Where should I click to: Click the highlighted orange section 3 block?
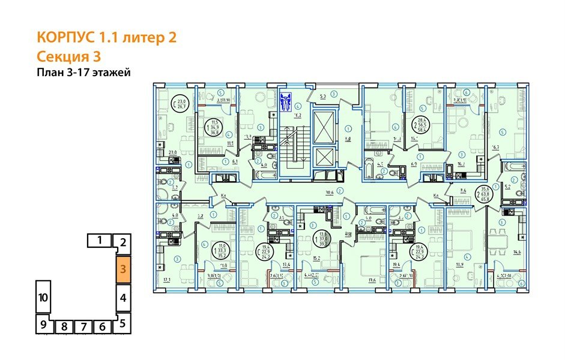(122, 269)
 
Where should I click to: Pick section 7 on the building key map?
(83, 327)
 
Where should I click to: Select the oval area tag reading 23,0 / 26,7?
(181, 104)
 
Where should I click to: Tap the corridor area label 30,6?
(330, 193)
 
